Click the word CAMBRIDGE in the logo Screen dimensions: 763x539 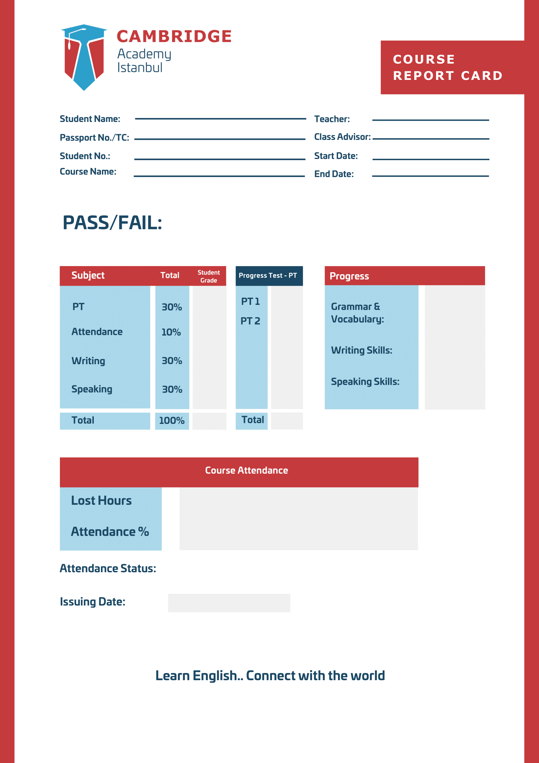pyautogui.click(x=174, y=36)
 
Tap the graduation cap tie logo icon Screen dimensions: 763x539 pyautogui.click(x=84, y=56)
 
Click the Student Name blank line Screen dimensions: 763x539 pyautogui.click(x=220, y=119)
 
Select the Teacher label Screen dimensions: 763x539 pyautogui.click(x=332, y=119)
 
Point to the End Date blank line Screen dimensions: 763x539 pyautogui.click(x=431, y=176)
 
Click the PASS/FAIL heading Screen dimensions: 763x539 pyautogui.click(x=112, y=223)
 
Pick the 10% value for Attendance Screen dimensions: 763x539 pyautogui.click(x=171, y=332)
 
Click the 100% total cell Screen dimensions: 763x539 pyautogui.click(x=172, y=421)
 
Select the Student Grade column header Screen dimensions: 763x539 pyautogui.click(x=209, y=276)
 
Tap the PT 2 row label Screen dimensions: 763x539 pyautogui.click(x=250, y=321)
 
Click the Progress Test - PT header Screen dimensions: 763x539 pyautogui.click(x=268, y=276)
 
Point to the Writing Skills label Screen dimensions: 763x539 pyautogui.click(x=362, y=350)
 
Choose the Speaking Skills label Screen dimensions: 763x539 pyautogui.click(x=365, y=381)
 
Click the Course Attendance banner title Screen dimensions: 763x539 pyautogui.click(x=246, y=470)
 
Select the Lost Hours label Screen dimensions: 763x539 pyautogui.click(x=101, y=501)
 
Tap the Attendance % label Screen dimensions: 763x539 pyautogui.click(x=110, y=532)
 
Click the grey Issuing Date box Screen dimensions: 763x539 pyautogui.click(x=229, y=603)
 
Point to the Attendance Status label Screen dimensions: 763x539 pyautogui.click(x=107, y=568)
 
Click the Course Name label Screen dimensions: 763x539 pyautogui.click(x=88, y=172)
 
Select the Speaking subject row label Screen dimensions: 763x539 pyautogui.click(x=92, y=389)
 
